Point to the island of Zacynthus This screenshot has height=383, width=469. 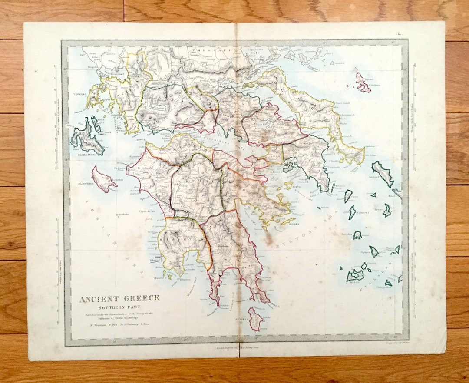pyautogui.click(x=103, y=179)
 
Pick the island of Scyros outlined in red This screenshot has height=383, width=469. pyautogui.click(x=362, y=83)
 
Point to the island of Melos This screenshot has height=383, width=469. pyautogui.click(x=355, y=275)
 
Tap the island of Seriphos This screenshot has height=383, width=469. pyautogui.click(x=357, y=235)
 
